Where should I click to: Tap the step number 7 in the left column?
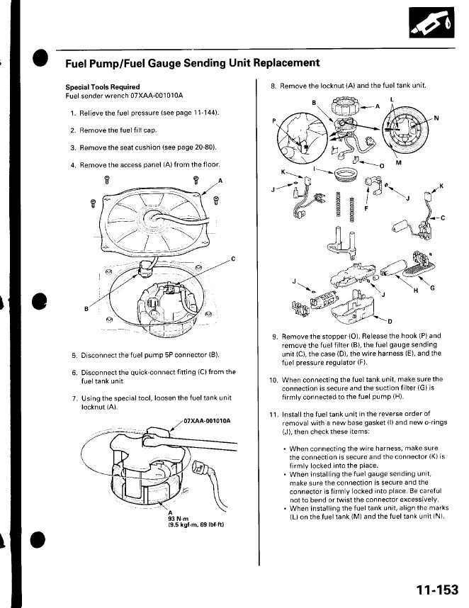click(74, 400)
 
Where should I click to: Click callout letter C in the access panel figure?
click(233, 259)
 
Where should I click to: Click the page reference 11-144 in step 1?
click(201, 113)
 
